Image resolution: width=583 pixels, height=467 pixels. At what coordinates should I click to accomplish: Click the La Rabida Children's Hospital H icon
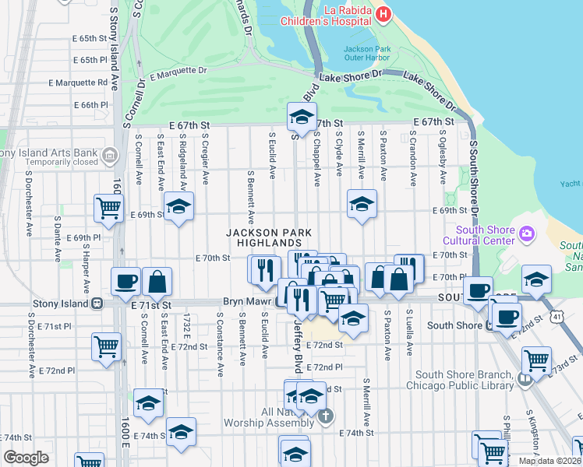(x=383, y=14)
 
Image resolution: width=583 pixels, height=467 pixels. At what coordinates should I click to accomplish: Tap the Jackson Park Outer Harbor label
(x=366, y=54)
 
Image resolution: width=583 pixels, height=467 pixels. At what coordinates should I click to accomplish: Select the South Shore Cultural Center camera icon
(x=528, y=233)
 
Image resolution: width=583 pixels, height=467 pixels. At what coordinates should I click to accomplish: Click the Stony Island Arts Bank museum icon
(x=108, y=156)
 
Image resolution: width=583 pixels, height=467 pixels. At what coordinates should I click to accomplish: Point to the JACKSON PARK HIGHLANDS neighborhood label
(x=270, y=238)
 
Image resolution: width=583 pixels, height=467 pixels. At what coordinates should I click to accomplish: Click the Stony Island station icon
(x=98, y=304)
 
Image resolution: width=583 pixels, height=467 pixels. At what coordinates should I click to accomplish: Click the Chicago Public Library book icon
(x=525, y=380)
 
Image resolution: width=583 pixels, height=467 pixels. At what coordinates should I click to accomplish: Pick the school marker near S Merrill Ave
(x=362, y=204)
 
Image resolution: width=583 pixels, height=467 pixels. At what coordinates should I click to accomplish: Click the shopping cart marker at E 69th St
(x=108, y=208)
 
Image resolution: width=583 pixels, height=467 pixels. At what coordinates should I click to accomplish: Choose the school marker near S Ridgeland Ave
(x=179, y=206)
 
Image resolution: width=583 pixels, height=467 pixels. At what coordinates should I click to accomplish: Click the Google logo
(x=26, y=458)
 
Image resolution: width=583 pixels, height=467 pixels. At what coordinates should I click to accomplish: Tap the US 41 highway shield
(x=556, y=317)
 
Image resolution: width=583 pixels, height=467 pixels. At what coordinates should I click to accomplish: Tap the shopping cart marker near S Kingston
(x=536, y=360)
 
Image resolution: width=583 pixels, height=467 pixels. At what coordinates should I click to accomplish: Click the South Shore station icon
(x=493, y=325)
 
